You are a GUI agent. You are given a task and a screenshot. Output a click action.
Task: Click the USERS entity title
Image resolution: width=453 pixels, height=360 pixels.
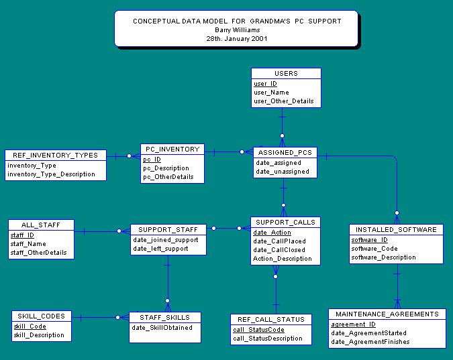286,73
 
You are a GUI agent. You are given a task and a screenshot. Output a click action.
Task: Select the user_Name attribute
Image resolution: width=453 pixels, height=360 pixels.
271,93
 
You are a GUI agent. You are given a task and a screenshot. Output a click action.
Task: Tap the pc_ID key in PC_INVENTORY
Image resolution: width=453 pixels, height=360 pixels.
152,160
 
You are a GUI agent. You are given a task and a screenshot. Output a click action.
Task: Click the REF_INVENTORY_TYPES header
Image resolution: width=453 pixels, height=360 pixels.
55,156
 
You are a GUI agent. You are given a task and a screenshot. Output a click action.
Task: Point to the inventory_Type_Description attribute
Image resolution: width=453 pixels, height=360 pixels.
51,174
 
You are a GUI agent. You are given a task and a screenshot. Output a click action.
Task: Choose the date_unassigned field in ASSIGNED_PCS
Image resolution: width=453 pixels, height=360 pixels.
283,172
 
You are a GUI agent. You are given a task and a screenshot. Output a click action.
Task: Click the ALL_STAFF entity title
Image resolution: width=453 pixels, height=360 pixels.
41,225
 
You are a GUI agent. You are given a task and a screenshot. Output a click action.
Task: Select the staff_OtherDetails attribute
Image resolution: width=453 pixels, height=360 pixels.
38,253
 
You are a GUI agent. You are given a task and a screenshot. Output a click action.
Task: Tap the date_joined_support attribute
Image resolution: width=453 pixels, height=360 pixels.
166,240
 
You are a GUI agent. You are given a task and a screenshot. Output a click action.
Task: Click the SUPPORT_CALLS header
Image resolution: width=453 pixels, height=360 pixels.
285,223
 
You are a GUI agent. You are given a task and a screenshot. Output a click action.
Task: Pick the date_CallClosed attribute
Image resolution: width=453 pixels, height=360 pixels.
279,250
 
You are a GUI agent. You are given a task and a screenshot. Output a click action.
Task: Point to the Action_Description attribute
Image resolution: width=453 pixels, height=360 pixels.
283,259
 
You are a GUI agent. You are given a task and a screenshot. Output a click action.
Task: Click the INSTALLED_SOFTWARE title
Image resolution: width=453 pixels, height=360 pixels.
396,229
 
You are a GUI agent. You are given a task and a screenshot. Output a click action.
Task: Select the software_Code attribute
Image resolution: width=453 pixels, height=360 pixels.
374,249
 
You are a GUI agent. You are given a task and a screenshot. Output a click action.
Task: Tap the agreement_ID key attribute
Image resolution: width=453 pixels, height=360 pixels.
353,324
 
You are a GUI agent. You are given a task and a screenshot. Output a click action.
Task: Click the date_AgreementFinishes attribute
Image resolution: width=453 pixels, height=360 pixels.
370,342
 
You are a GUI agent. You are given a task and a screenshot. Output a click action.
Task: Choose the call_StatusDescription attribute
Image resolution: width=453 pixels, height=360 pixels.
268,339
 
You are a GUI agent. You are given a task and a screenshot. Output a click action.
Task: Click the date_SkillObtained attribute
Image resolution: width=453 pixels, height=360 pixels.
162,328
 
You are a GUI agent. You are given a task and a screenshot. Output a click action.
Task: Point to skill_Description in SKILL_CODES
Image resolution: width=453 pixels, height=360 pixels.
39,335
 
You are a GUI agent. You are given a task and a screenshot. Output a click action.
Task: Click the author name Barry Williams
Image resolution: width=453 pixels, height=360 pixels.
238,30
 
